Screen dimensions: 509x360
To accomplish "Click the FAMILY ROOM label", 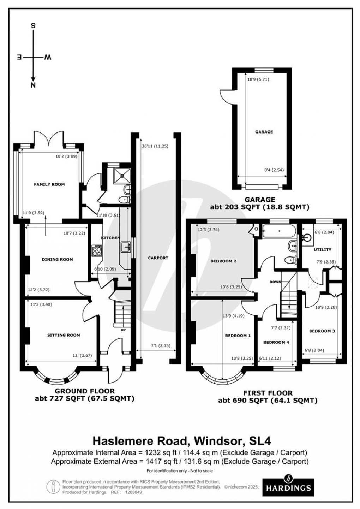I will tap(49, 184).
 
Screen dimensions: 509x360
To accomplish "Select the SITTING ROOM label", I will tap(64, 335).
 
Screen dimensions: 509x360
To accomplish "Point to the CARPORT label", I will tap(158, 258).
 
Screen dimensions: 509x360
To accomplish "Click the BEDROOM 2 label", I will tap(223, 261).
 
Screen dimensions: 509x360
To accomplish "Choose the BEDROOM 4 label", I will tap(276, 342).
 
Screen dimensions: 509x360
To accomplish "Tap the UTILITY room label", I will tap(323, 250).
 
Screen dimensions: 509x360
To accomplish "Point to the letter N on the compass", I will tap(33, 85).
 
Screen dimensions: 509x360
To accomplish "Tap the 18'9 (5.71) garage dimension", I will tap(258, 79).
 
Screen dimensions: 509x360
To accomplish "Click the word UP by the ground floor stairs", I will tap(124, 330).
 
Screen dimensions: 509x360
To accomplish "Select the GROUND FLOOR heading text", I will tap(85, 391).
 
